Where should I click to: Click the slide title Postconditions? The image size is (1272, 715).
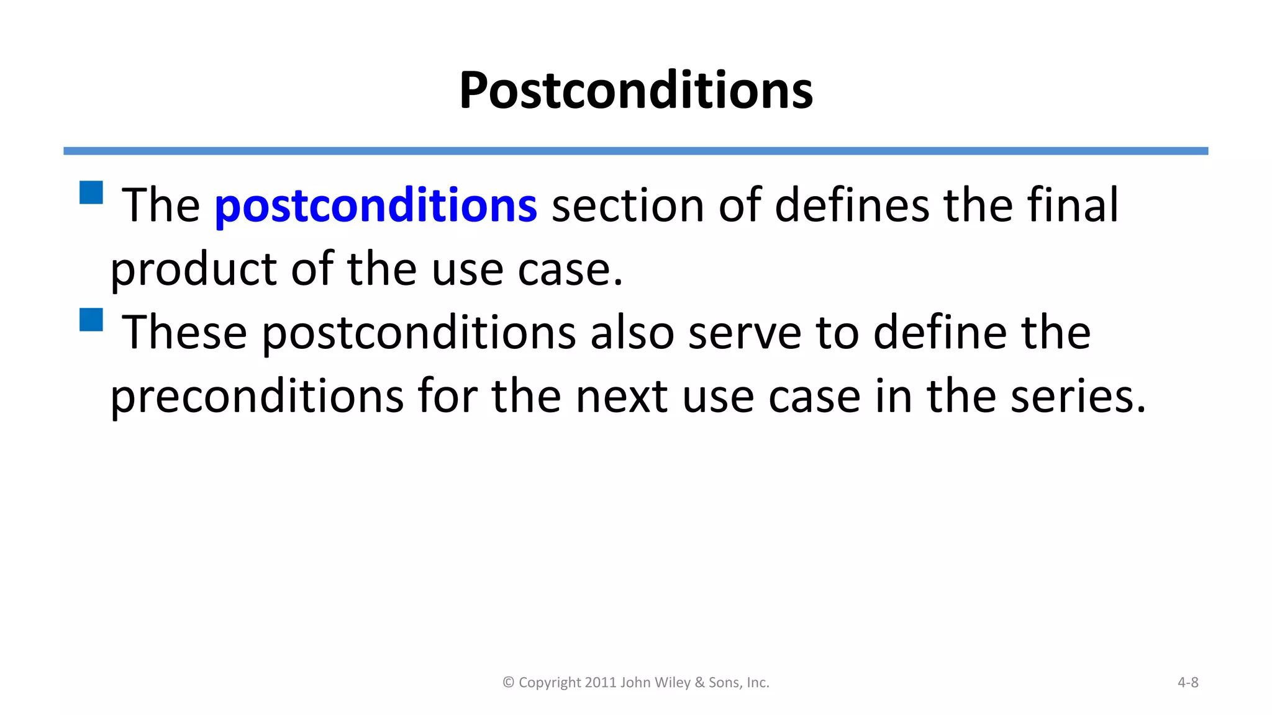point(635,91)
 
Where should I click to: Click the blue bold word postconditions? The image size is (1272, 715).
point(375,205)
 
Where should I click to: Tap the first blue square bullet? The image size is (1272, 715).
point(91,192)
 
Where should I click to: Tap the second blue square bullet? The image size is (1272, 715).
point(91,320)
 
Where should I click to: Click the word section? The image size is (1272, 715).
point(627,205)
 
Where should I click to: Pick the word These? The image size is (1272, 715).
point(184,332)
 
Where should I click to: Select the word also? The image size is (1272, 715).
point(632,332)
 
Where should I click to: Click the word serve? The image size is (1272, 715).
point(745,333)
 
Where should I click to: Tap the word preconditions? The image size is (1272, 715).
point(257,397)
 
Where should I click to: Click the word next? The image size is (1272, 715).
point(621,397)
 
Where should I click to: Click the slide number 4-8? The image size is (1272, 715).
point(1188,682)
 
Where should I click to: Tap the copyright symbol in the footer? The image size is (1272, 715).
point(508,682)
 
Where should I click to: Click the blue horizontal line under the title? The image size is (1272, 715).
point(635,151)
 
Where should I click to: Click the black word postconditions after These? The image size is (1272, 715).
point(419,333)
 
